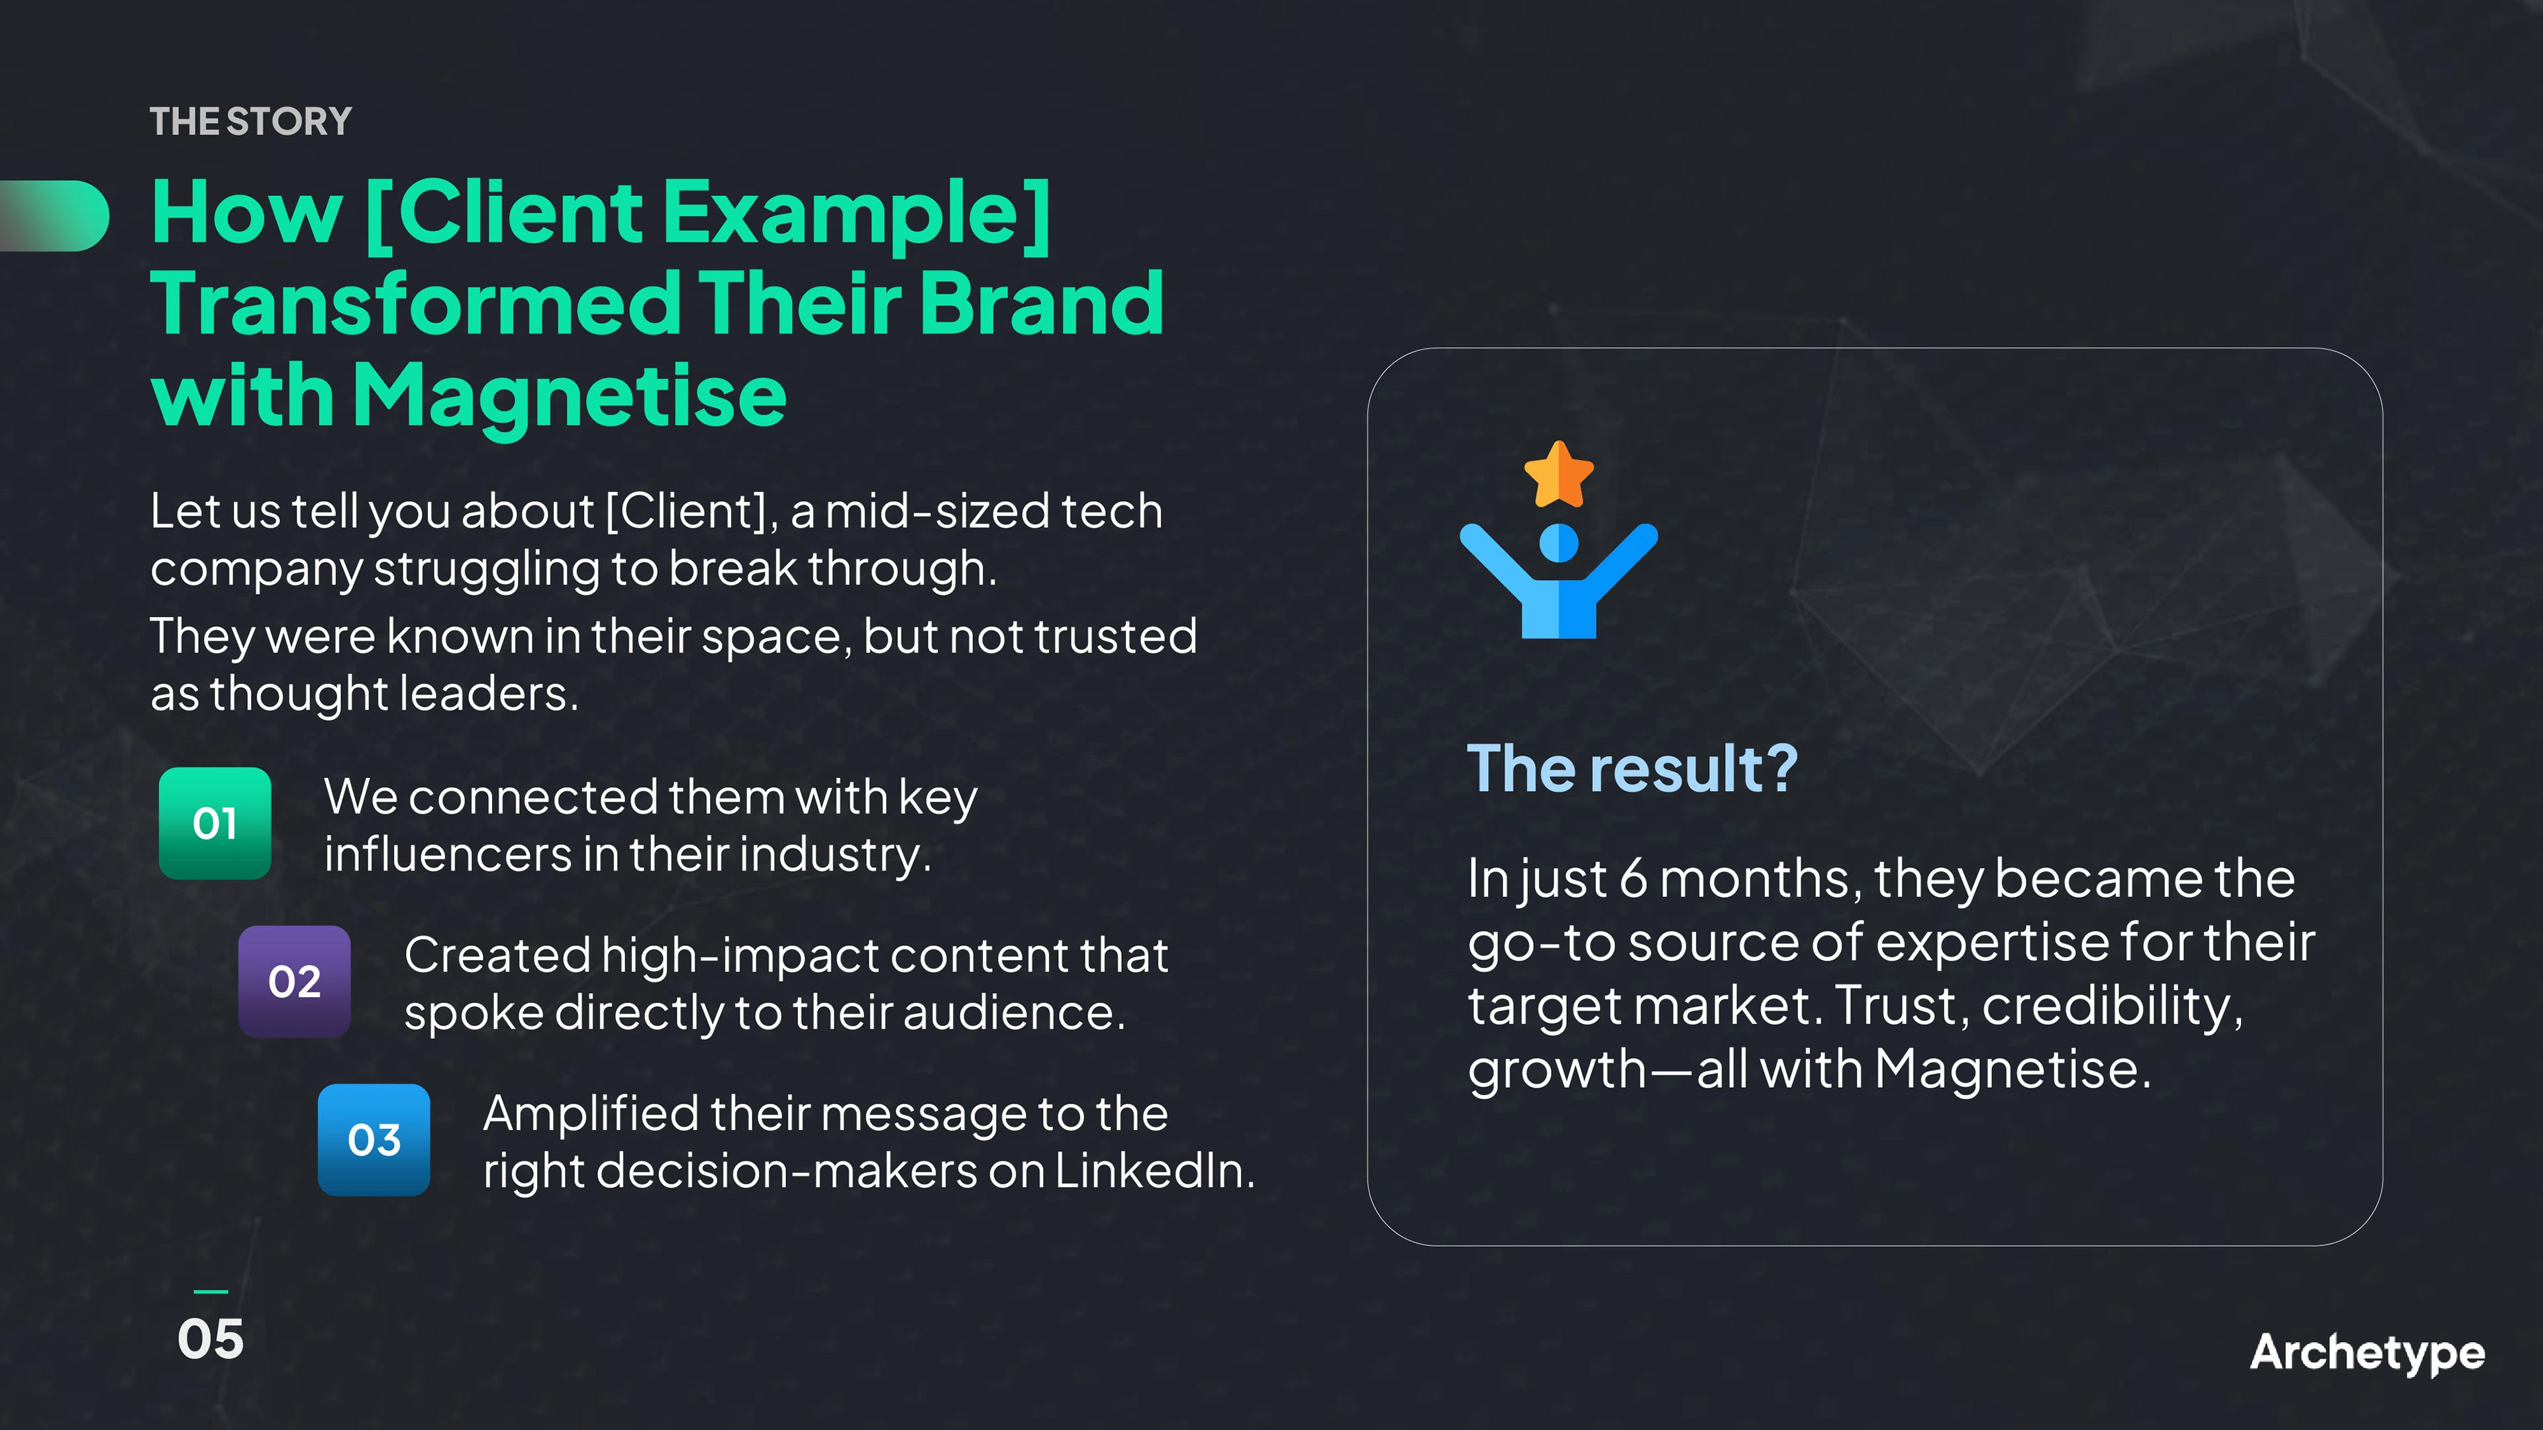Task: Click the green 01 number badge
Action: tap(215, 823)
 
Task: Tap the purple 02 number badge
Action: tap(294, 981)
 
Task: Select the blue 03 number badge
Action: tap(374, 1140)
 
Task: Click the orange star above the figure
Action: tap(1559, 475)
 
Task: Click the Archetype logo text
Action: tap(2368, 1353)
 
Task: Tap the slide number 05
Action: tap(211, 1339)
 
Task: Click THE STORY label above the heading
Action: tap(251, 121)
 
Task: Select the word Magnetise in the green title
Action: tap(570, 397)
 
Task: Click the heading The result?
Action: tap(1632, 769)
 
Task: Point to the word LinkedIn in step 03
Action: tap(1154, 1171)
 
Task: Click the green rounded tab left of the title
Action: tap(54, 216)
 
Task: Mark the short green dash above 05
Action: tap(211, 1291)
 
